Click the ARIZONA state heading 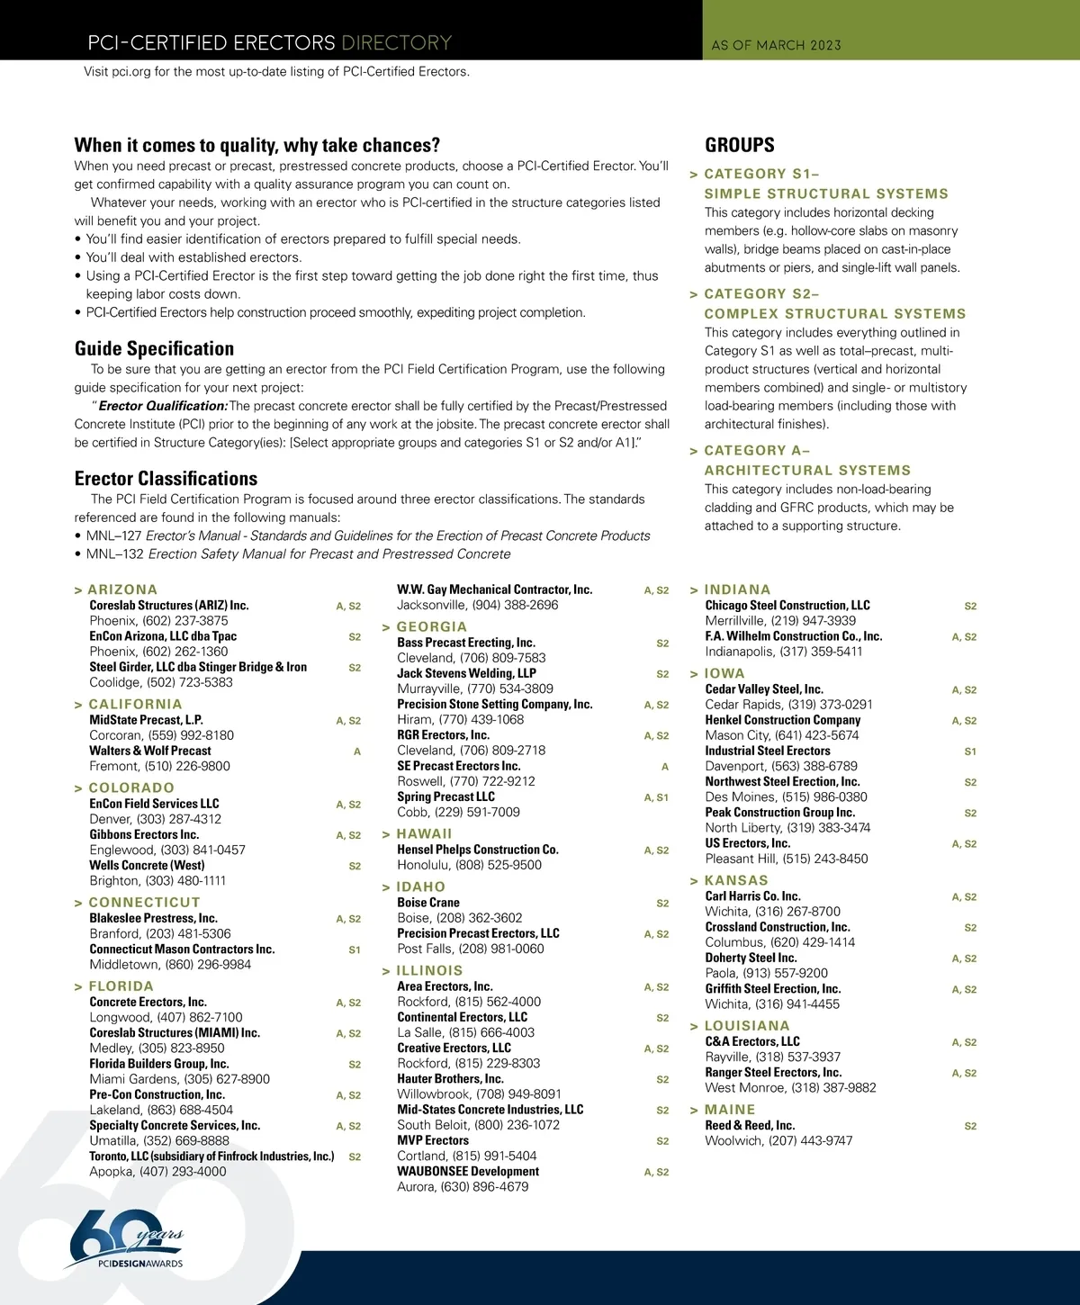(x=122, y=589)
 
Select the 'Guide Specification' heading (x=154, y=348)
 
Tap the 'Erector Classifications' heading (x=166, y=479)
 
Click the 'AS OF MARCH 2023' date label (x=776, y=45)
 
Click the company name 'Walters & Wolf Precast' (x=150, y=751)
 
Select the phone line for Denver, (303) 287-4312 (x=155, y=819)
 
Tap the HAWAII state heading (x=424, y=833)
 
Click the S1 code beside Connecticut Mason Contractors (x=355, y=949)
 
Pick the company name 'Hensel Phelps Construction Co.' (x=478, y=850)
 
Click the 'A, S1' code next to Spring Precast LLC (x=656, y=797)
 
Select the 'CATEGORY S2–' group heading (x=761, y=294)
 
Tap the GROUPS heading (x=739, y=145)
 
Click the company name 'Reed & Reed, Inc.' (x=750, y=1126)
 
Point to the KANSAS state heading (x=736, y=880)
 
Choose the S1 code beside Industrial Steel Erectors (x=970, y=751)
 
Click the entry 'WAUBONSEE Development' (x=468, y=1172)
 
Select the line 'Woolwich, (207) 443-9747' (x=778, y=1141)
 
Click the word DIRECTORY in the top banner (x=396, y=43)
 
